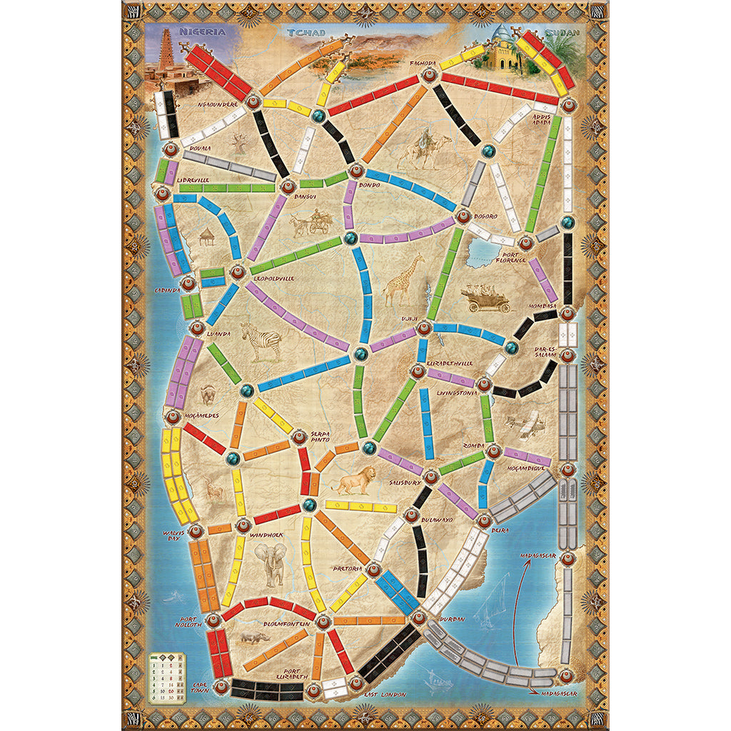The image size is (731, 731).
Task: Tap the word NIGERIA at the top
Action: click(x=202, y=32)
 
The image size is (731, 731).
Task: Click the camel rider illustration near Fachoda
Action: click(x=425, y=148)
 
